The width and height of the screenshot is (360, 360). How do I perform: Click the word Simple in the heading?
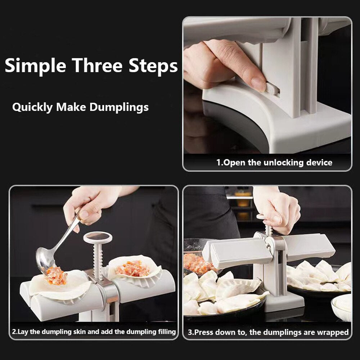coord(36,66)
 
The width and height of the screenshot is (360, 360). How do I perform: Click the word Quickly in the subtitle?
coord(33,107)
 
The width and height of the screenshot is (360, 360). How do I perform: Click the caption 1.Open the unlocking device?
coord(274,162)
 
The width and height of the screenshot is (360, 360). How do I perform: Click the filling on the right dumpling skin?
coord(133,268)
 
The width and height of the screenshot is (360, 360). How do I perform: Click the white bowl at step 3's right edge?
coord(342,306)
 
